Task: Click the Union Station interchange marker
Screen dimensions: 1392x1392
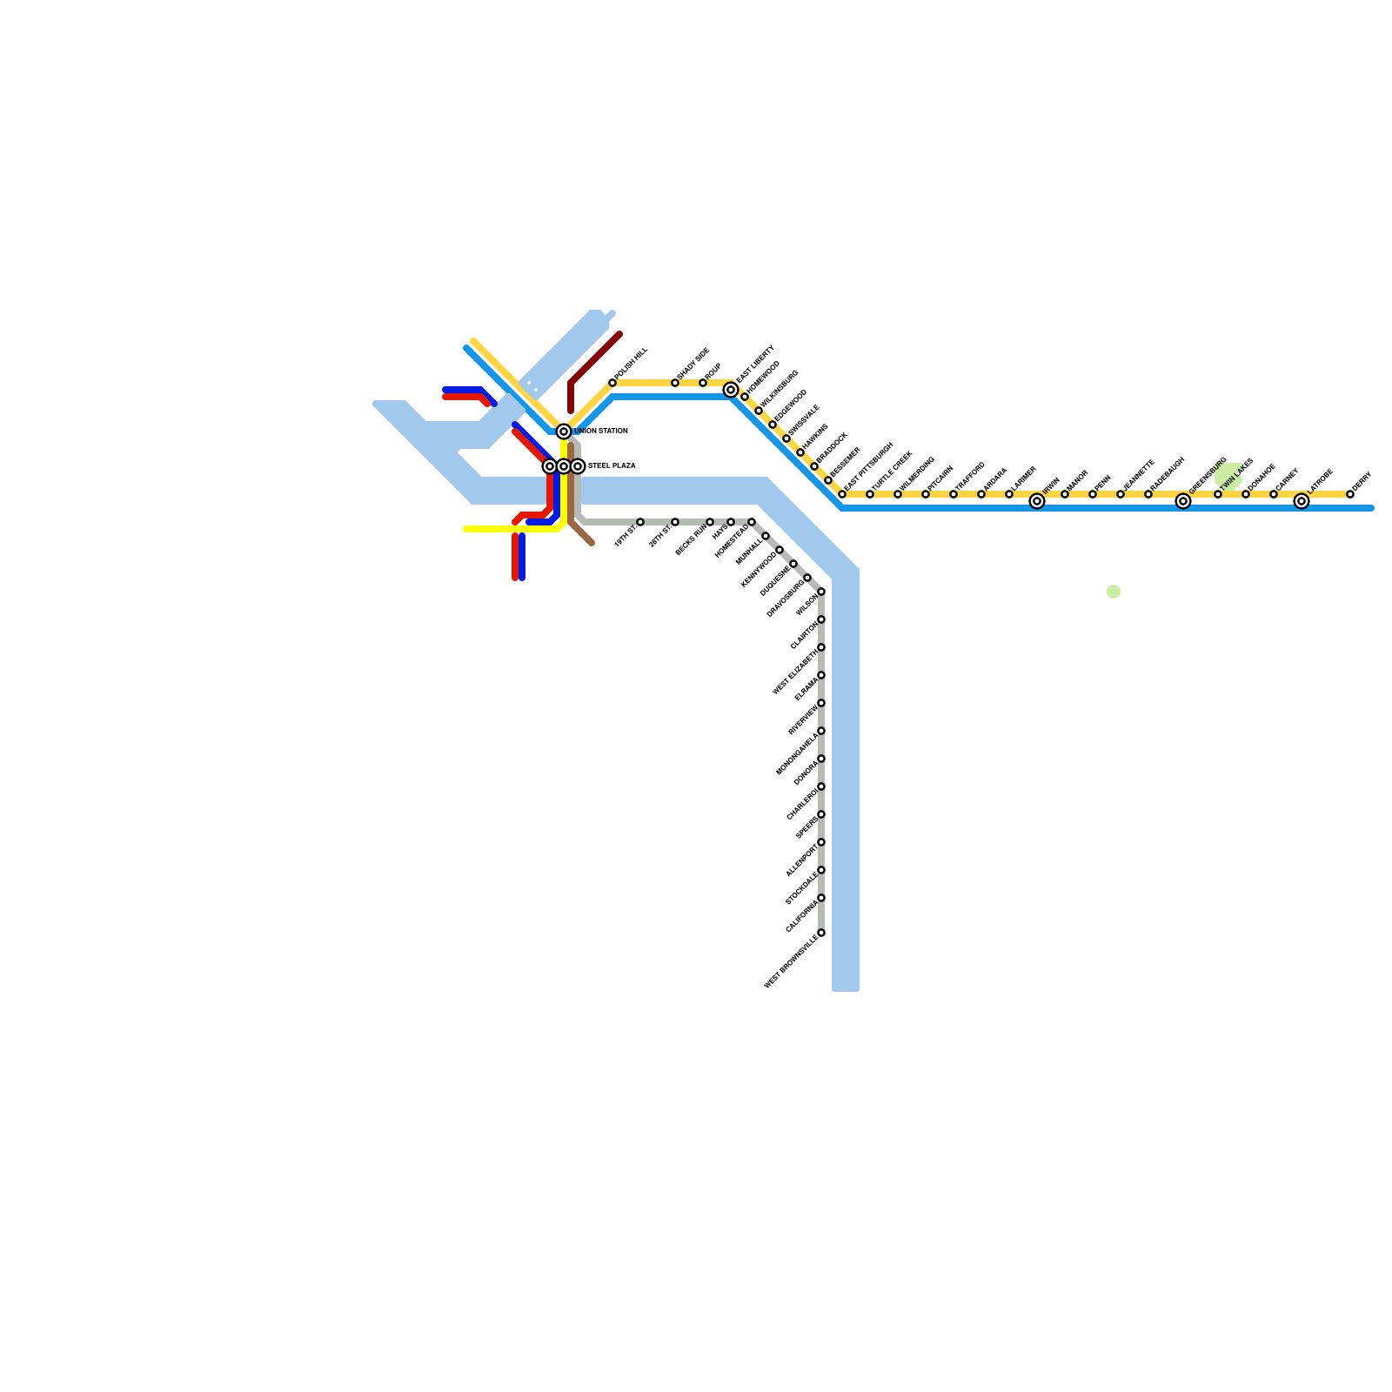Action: pos(564,432)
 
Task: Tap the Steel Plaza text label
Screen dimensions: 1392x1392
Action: pos(612,466)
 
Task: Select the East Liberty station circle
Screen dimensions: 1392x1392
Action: pos(731,390)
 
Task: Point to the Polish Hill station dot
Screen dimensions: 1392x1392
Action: pos(612,383)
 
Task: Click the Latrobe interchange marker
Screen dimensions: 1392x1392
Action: pos(1302,501)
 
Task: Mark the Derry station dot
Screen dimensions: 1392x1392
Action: pos(1350,494)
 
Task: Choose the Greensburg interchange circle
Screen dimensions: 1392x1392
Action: pos(1183,501)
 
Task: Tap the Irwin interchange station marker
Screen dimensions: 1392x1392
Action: pos(1037,501)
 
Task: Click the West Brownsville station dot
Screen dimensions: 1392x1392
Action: pos(821,933)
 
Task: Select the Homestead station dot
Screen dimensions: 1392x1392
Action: pos(752,522)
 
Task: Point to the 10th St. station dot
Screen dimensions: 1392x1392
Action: pos(640,522)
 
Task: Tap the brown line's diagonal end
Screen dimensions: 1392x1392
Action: pos(591,543)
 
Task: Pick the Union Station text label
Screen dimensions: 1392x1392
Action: pos(601,432)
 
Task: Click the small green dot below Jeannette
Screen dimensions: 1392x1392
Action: pos(1114,592)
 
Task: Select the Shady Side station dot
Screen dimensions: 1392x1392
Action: pos(675,383)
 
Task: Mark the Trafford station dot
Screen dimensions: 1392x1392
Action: pos(954,494)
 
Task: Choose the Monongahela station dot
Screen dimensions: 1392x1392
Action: pos(821,731)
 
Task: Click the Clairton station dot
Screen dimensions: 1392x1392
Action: pos(821,619)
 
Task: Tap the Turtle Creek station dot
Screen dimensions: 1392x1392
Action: pos(870,494)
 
